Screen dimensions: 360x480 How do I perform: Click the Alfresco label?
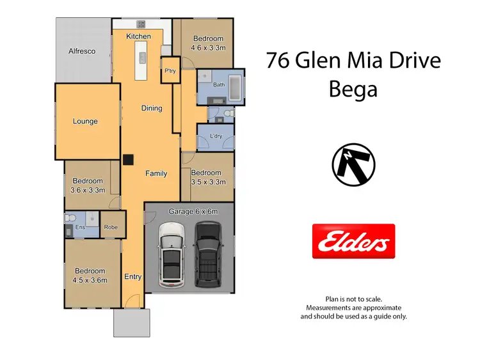click(x=83, y=51)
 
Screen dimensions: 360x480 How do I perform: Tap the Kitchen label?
click(x=138, y=36)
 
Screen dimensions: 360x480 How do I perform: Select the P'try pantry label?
click(x=170, y=71)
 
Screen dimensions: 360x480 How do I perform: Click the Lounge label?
click(x=85, y=121)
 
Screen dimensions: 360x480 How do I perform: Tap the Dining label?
click(x=152, y=109)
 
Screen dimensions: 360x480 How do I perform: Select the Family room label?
click(x=156, y=173)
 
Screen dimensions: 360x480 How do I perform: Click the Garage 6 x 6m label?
click(x=193, y=212)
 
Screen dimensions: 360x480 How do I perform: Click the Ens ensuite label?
click(x=81, y=228)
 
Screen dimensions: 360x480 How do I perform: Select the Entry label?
click(x=133, y=277)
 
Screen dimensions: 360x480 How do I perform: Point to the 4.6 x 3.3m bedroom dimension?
click(x=209, y=48)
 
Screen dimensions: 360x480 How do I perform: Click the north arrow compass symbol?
click(x=353, y=164)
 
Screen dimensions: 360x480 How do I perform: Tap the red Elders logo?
click(x=353, y=241)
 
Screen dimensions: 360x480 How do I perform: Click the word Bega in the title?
click(x=353, y=89)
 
